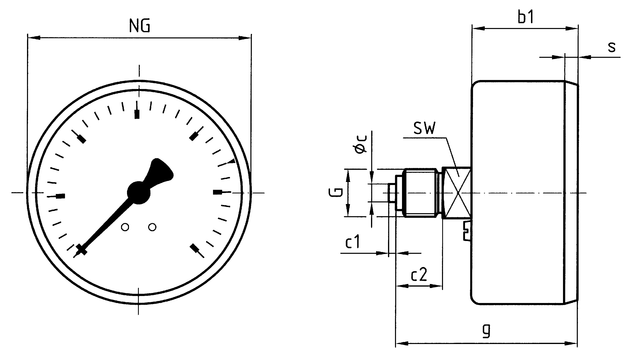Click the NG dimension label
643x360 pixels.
pyautogui.click(x=139, y=26)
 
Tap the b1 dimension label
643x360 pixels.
pyautogui.click(x=526, y=17)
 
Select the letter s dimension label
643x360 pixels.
pyautogui.click(x=612, y=47)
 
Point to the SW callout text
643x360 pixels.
pyautogui.click(x=424, y=128)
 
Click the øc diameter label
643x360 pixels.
pyautogui.click(x=361, y=144)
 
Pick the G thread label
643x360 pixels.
pyautogui.click(x=337, y=192)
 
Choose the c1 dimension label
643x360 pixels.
pyautogui.click(x=352, y=242)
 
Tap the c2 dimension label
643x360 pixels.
pyautogui.click(x=419, y=274)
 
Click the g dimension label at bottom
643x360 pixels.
pyautogui.click(x=486, y=329)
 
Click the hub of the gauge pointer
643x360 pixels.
pyautogui.click(x=139, y=191)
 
